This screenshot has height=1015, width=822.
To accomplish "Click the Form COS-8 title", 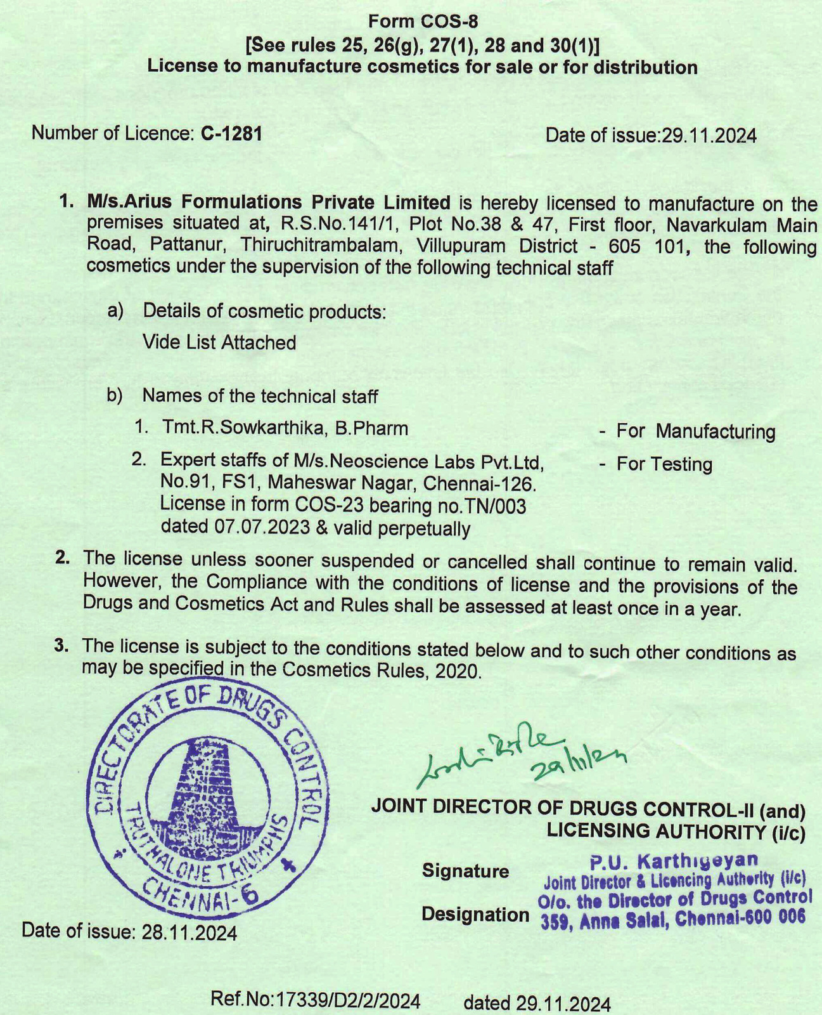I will pos(423,22).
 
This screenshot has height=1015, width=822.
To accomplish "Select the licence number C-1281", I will pos(231,134).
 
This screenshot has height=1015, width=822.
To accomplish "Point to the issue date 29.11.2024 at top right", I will pos(709,136).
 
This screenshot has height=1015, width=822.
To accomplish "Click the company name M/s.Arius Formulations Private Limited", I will pos(269,202).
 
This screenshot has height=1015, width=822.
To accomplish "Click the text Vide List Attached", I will pos(219,343).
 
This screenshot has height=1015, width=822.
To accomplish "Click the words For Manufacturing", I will pos(695,431).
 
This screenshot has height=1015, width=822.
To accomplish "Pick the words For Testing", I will pos(664,464).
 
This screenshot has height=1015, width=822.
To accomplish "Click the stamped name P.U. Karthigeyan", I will pos(674,861).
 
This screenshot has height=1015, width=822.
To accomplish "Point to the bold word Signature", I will pos(465,871).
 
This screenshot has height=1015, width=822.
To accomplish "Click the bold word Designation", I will pos(475,914).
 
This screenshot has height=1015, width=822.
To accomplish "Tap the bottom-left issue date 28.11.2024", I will pos(189,933).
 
